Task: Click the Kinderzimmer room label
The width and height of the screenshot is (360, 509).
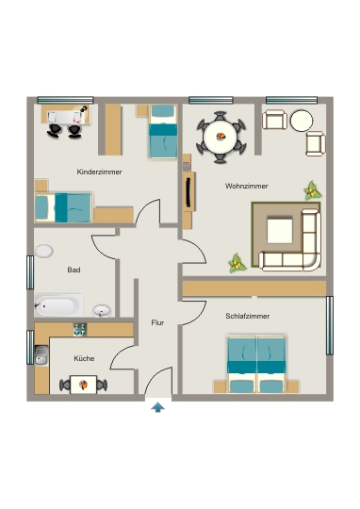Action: (99, 172)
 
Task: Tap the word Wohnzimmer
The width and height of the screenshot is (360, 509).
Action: (247, 186)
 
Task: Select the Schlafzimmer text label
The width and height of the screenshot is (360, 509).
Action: (247, 316)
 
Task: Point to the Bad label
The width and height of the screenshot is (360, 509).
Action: (74, 270)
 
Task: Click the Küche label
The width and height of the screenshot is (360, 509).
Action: (84, 358)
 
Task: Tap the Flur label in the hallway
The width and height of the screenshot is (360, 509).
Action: (157, 322)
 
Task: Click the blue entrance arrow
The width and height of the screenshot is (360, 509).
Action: (157, 407)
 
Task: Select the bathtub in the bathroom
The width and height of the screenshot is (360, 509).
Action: (58, 305)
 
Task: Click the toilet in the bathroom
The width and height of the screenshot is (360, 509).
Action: (44, 251)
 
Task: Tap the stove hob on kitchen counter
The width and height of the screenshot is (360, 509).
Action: (80, 330)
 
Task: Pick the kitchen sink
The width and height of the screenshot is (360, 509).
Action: (41, 355)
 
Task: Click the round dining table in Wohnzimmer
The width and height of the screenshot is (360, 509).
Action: (221, 137)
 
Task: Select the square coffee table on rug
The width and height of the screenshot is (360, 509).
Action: (280, 231)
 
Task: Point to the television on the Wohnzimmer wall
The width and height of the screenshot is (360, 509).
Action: (188, 192)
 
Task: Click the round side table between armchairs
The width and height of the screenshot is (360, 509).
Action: (302, 121)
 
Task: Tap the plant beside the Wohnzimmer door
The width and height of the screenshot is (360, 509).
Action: (237, 264)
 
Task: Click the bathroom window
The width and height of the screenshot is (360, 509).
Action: (30, 272)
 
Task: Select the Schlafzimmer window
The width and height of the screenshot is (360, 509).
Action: (330, 325)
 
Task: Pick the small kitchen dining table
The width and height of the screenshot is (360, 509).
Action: (84, 385)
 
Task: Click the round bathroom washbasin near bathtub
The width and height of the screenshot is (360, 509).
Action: (102, 311)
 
